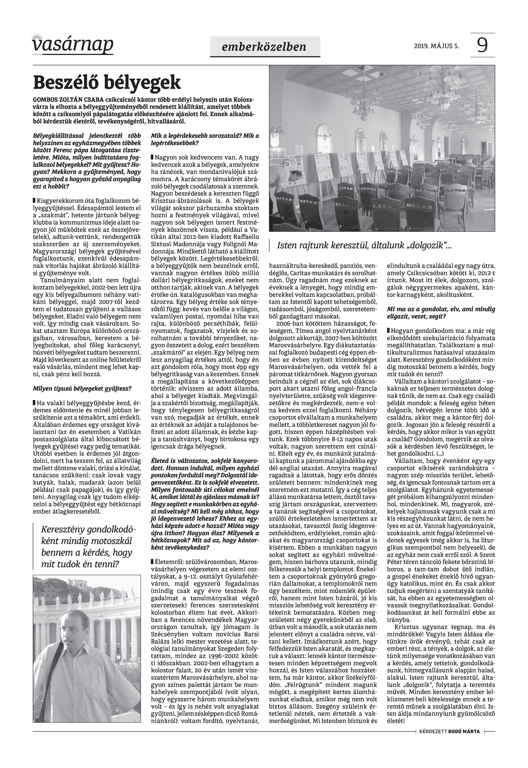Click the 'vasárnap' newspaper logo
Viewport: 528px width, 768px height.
click(x=73, y=45)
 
